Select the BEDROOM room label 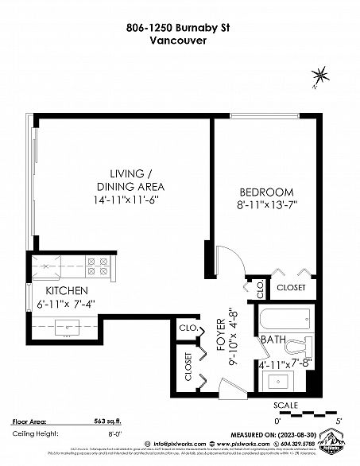[266, 192]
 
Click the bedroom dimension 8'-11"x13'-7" [266, 204]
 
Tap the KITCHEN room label [67, 290]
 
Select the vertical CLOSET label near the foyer [188, 367]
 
